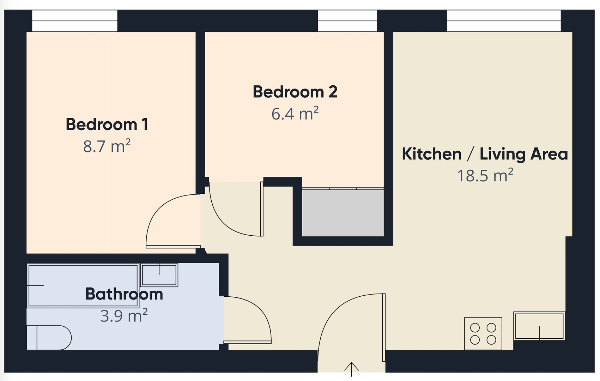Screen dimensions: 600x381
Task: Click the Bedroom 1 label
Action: tap(107, 125)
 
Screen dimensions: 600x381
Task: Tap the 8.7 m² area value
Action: tap(107, 146)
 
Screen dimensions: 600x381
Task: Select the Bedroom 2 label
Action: tap(295, 92)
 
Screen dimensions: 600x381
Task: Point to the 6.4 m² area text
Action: tap(295, 114)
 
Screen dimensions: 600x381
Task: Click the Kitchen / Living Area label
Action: tap(485, 154)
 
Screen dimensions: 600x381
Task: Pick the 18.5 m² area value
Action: tap(485, 176)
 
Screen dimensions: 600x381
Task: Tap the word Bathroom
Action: tap(124, 294)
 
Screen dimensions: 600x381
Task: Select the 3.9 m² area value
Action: tap(124, 316)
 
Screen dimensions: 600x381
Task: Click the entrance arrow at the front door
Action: tap(351, 369)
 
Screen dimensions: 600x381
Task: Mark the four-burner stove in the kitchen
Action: tap(483, 334)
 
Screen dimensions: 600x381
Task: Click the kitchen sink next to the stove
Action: tap(539, 326)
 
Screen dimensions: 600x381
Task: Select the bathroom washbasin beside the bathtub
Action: tap(159, 275)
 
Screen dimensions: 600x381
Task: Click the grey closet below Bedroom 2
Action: tap(343, 213)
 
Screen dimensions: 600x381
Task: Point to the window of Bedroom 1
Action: tap(75, 21)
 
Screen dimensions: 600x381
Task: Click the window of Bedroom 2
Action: tap(347, 21)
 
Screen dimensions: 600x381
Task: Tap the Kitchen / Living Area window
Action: tap(504, 21)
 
